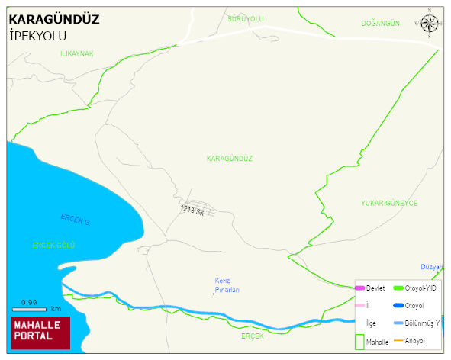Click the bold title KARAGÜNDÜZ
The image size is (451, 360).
53,19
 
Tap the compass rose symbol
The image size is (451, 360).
429,24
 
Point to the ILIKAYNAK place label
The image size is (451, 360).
76,54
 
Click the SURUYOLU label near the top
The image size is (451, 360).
245,18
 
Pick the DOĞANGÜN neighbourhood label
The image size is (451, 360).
380,24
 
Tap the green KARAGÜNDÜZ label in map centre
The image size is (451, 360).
229,159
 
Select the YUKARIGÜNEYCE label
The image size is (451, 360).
389,204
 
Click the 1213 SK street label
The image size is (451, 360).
192,211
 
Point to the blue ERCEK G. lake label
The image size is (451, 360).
76,220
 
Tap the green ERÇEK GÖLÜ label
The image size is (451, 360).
53,245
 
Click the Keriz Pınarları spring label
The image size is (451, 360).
227,285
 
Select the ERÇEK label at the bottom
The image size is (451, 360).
252,336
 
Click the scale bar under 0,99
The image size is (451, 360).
29,310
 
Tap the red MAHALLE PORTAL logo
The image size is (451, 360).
40,332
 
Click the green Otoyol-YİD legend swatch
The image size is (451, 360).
397,288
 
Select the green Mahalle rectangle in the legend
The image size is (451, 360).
359,340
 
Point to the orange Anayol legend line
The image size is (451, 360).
397,340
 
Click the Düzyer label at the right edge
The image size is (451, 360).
432,268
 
